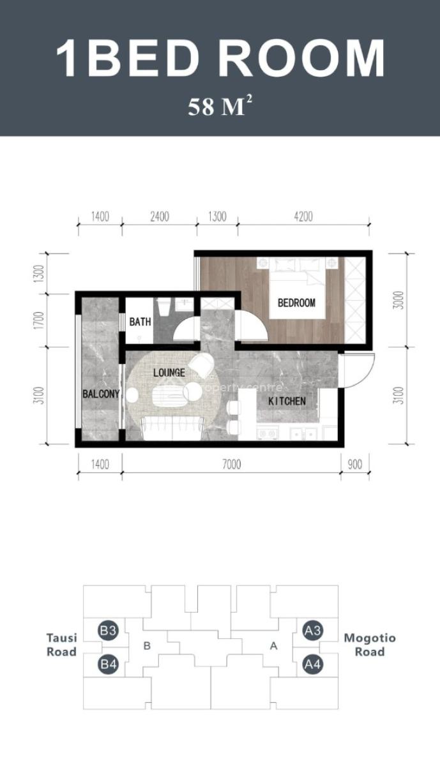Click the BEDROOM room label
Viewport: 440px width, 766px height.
point(296,303)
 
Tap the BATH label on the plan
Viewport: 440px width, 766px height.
point(140,322)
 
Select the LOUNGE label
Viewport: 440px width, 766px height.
point(169,372)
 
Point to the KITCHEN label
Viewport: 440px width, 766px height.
point(286,402)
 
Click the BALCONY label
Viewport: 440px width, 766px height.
point(101,394)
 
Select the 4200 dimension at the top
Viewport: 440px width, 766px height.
point(303,216)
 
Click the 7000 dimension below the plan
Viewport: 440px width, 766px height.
point(231,465)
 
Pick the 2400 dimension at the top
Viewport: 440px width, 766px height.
point(159,216)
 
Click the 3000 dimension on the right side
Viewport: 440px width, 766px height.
point(399,300)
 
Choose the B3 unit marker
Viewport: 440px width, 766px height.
point(108,631)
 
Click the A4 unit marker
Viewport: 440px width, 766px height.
point(312,665)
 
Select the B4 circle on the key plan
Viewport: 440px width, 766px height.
point(108,665)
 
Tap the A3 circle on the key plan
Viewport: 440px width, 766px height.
point(312,631)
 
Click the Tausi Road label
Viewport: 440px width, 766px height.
point(61,645)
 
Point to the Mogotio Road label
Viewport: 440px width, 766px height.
point(370,645)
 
